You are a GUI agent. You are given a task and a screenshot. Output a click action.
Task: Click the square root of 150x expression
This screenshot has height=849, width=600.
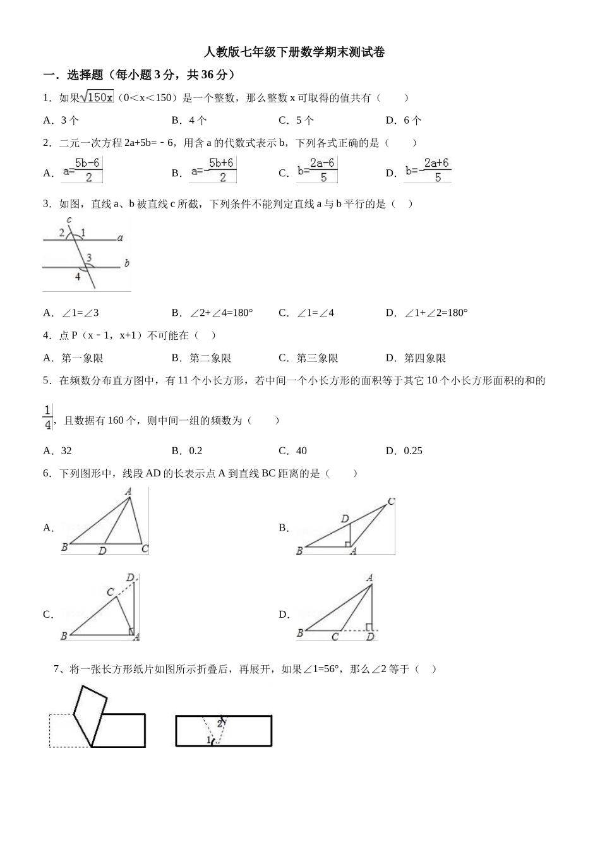coord(97,97)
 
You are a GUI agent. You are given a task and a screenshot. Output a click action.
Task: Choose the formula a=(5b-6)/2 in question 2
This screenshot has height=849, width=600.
coord(82,171)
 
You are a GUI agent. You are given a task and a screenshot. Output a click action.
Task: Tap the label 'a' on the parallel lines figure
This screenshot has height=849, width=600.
coord(120,238)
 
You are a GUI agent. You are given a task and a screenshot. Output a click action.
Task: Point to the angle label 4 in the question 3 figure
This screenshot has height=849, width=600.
coord(78,276)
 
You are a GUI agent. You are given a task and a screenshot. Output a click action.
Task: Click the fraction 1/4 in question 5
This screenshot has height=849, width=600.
coord(47,418)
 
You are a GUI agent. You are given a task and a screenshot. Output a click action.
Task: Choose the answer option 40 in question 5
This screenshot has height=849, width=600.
coord(301,450)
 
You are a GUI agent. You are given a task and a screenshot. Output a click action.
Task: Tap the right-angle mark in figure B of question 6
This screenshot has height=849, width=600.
coord(347,543)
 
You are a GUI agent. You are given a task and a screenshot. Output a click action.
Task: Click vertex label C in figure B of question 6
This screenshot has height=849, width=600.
coord(391,502)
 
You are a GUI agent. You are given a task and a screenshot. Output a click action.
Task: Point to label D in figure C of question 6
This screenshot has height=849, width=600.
coord(130,577)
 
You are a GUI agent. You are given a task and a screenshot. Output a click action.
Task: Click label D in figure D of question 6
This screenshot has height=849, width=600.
coord(370,637)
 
